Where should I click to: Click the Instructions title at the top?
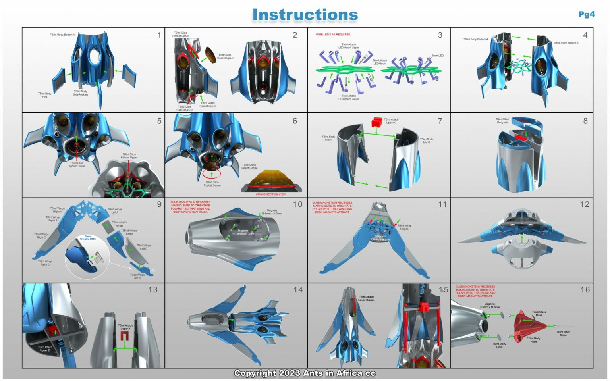[x=305, y=15]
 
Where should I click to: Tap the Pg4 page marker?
[x=586, y=14]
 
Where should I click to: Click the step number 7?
[x=440, y=121]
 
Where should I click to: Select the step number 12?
[x=584, y=204]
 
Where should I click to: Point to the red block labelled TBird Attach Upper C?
[x=376, y=122]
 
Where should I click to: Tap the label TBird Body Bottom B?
[x=566, y=43]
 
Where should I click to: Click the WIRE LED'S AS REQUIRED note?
[x=333, y=35]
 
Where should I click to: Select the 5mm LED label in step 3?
[x=438, y=56]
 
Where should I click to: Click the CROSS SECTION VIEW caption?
[x=270, y=194]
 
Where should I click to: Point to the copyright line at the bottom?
[x=305, y=373]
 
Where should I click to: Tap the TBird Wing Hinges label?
[x=404, y=227]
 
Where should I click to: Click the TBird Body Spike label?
[x=563, y=333]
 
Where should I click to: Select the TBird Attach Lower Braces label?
[x=366, y=298]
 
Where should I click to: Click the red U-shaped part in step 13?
[x=125, y=337]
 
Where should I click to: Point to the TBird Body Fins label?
[x=45, y=95]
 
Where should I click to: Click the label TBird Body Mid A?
[x=328, y=138]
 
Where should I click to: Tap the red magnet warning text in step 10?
[x=190, y=207]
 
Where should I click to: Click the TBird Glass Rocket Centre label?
[x=249, y=166]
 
